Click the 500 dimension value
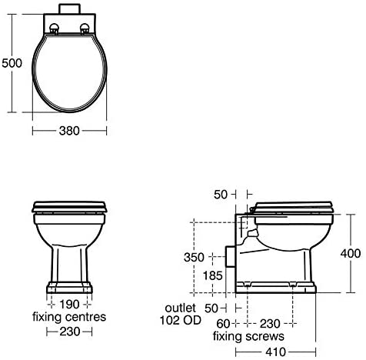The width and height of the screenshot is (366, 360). [12, 63]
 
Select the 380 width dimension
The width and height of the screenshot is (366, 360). [69, 131]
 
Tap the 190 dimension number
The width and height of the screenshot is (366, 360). [69, 305]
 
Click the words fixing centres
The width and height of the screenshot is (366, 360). [69, 317]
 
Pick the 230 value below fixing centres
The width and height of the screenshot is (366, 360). [70, 332]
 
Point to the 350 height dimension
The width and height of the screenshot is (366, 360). [194, 257]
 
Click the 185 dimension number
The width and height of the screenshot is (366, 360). [212, 276]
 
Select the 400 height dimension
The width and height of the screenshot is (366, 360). [351, 254]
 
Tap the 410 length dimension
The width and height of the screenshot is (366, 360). [275, 352]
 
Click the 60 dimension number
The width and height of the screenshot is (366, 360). [223, 324]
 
